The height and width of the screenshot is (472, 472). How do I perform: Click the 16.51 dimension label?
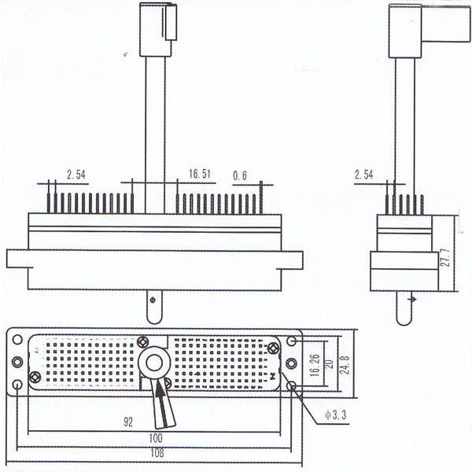(x=200, y=174)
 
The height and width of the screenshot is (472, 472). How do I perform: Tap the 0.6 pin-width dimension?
(x=240, y=175)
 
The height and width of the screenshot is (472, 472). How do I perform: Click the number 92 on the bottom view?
(x=127, y=422)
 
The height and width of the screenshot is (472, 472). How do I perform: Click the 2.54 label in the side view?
(x=363, y=174)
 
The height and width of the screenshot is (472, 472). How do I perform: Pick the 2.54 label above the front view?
(x=76, y=174)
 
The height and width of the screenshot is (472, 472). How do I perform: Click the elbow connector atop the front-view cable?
(x=157, y=29)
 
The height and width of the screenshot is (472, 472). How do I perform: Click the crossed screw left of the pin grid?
(x=35, y=377)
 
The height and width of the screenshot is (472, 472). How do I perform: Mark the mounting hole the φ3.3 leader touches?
(x=292, y=385)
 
